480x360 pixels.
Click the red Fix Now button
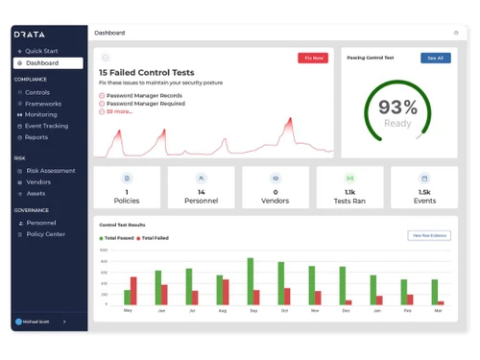coord(312,59)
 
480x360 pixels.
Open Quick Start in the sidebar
coord(41,50)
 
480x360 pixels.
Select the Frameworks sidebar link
coord(43,104)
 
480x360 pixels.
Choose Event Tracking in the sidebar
coord(46,126)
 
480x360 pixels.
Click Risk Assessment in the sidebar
coord(50,171)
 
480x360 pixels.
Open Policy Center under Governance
coord(45,233)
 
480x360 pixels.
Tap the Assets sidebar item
coord(36,193)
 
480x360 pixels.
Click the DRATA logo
coord(30,34)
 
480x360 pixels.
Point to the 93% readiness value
coord(397,108)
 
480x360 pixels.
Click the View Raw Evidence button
coord(428,235)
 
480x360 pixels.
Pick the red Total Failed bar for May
coord(133,291)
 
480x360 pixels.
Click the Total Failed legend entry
coord(155,237)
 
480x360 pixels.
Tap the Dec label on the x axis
coord(375,311)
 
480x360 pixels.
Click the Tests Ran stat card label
coord(349,201)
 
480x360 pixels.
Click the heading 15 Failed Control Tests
coord(146,72)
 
